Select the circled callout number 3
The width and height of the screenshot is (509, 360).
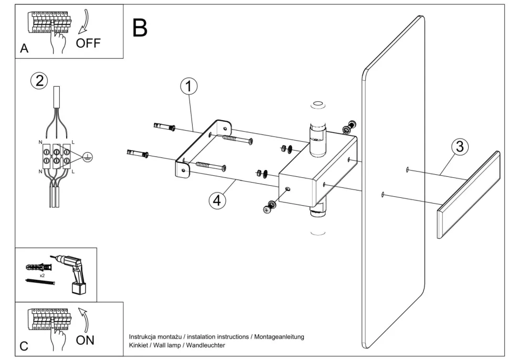(x=460, y=147)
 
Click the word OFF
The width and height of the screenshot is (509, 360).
(x=88, y=43)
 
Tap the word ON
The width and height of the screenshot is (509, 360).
(x=85, y=340)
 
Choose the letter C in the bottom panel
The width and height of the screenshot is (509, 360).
(x=24, y=346)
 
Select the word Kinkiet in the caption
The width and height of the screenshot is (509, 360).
(x=140, y=345)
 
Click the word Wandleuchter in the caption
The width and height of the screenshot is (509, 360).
(x=208, y=345)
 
